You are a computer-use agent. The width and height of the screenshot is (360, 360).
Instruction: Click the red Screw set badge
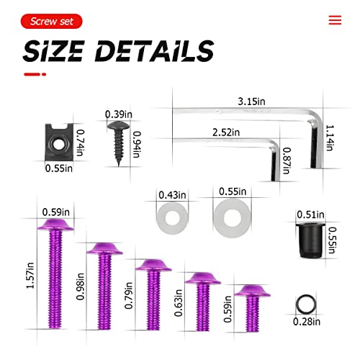[51, 21]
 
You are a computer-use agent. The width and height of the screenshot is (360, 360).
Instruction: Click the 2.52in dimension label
[226, 132]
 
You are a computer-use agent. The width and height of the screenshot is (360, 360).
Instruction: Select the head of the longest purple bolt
[55, 227]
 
